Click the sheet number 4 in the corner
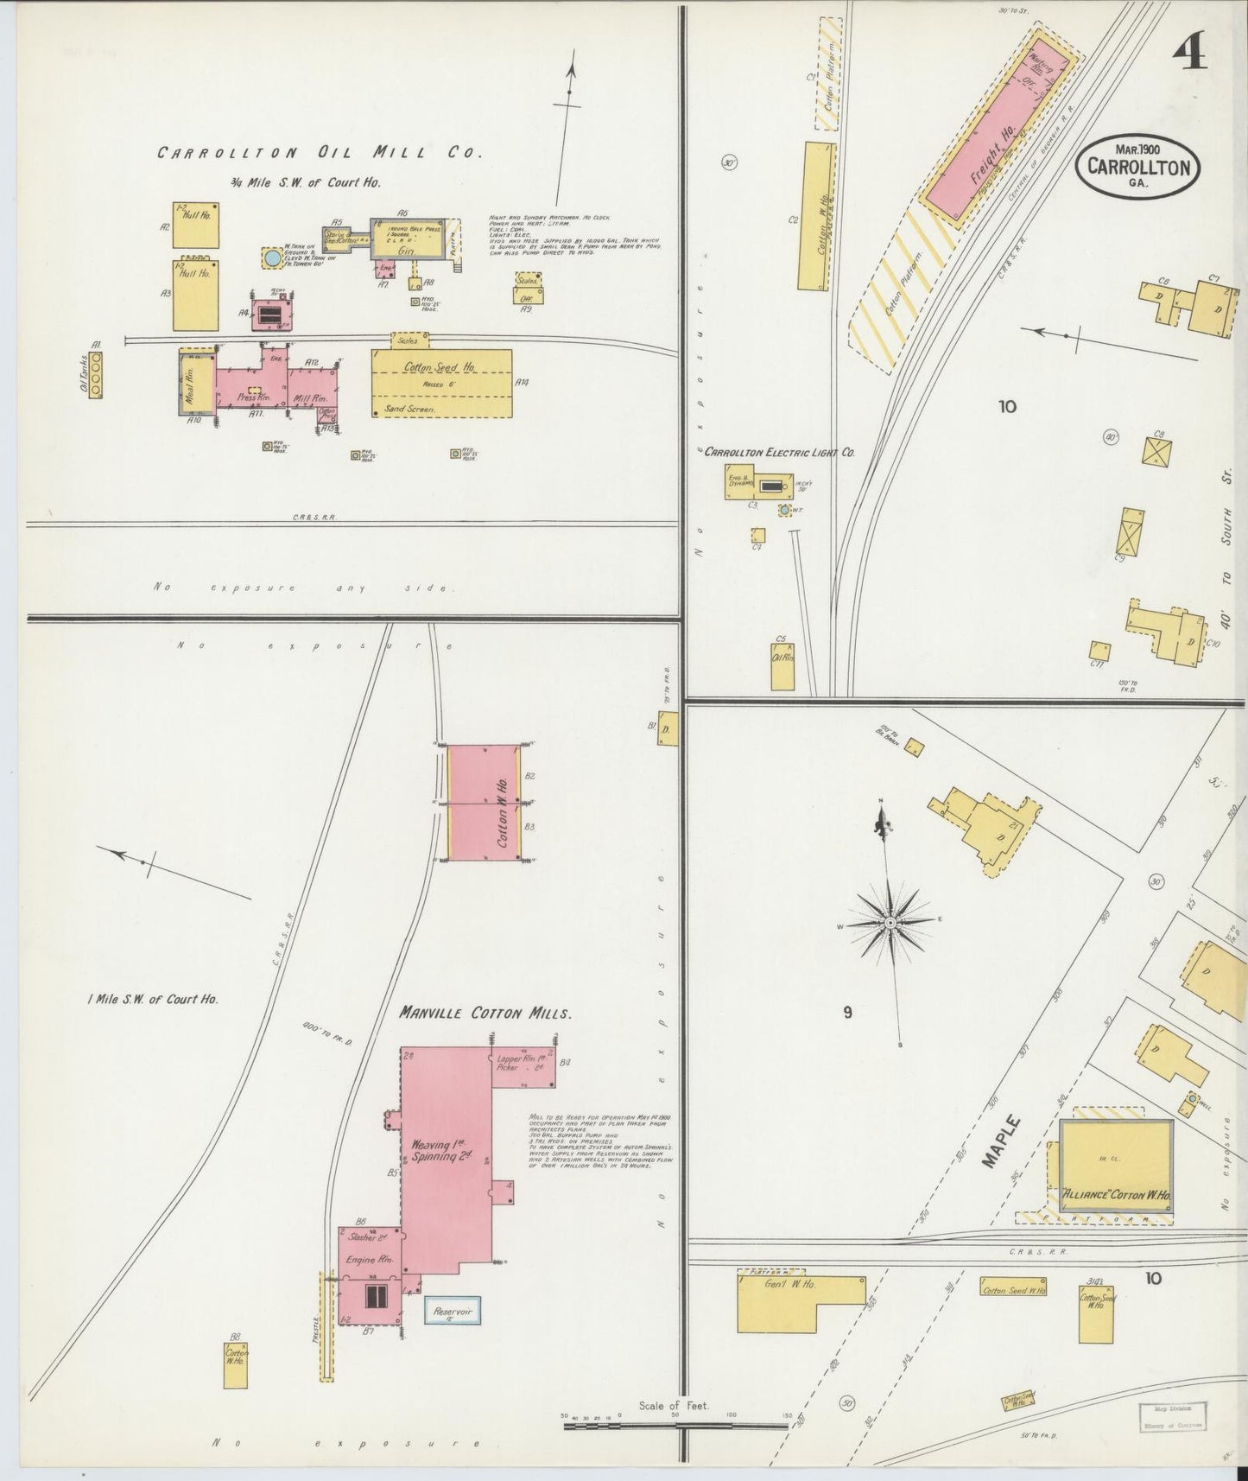coord(1190,56)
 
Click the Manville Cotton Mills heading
coord(485,1013)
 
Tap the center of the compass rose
coord(890,924)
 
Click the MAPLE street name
coord(1002,1141)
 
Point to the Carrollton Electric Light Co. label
coord(779,452)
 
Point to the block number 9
coord(847,1012)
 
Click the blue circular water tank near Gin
coord(272,257)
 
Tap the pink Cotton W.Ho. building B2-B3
coord(484,803)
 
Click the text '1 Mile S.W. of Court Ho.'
coord(152,998)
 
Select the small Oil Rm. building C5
coord(782,668)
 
